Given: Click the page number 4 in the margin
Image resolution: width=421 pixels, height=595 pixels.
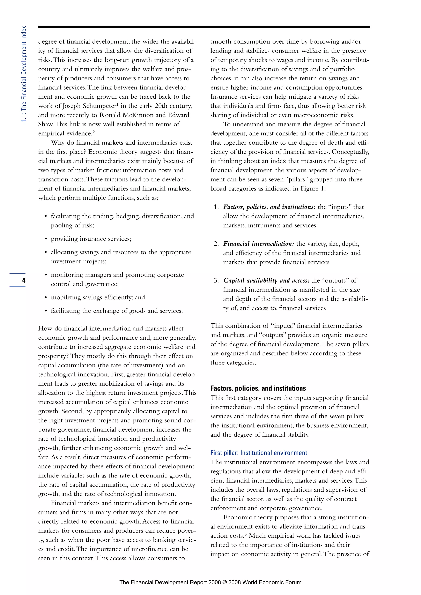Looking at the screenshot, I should [24, 280].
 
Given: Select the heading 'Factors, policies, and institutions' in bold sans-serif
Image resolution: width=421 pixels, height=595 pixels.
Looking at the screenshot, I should [258, 388].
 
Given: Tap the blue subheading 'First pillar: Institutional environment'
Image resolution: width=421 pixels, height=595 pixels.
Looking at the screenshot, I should [258, 453].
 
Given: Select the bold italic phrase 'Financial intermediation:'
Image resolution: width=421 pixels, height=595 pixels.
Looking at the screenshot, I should [258, 244].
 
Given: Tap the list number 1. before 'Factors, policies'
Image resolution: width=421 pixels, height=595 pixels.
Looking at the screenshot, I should [216, 207].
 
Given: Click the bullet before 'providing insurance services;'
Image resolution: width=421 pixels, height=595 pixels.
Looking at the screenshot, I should [46, 239].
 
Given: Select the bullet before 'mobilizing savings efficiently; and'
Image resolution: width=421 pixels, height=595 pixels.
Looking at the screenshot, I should [46, 297].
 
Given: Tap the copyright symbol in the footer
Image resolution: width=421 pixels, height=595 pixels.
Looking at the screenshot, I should [224, 582].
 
